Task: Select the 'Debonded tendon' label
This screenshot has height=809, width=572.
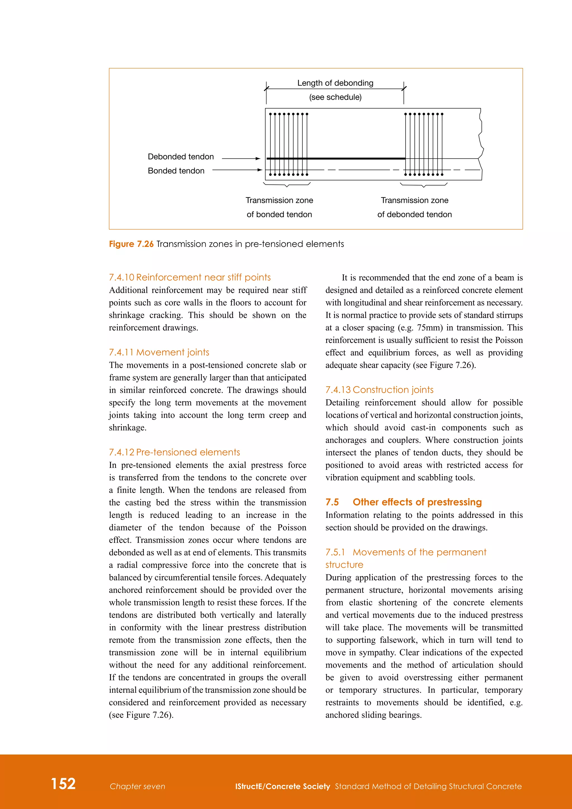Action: click(181, 157)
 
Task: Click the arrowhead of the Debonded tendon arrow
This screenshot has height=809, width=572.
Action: click(258, 159)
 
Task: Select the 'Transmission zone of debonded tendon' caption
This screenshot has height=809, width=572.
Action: click(414, 207)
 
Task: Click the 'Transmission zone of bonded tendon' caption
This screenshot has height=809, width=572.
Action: click(279, 207)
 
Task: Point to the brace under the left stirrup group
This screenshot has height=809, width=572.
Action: click(287, 184)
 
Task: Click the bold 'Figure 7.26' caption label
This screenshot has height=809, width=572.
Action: click(131, 244)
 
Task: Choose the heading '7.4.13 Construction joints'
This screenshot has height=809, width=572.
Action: click(379, 390)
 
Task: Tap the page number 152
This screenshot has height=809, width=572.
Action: click(63, 784)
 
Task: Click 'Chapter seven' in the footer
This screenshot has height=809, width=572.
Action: click(137, 786)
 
